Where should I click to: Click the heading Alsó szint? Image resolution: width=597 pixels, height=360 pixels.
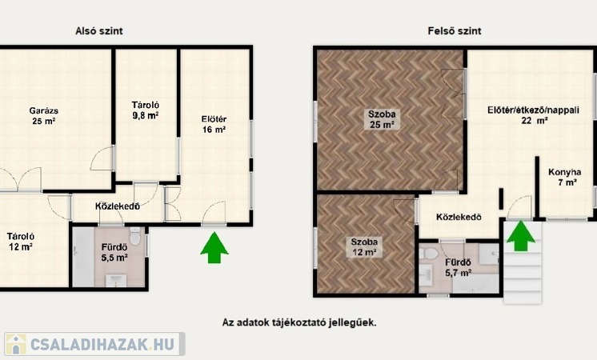(x=99, y=31)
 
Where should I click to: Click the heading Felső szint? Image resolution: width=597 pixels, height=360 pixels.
(x=455, y=31)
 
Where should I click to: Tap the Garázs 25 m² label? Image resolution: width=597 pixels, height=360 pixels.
(x=44, y=116)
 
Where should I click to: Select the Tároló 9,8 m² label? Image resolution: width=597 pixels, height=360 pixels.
(x=146, y=110)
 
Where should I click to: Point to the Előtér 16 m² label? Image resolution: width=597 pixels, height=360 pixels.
(x=214, y=125)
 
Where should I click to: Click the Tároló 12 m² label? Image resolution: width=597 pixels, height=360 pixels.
(x=21, y=242)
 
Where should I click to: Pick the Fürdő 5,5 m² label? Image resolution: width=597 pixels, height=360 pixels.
(x=114, y=253)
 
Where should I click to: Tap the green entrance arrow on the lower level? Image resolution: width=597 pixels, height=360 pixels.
(x=214, y=248)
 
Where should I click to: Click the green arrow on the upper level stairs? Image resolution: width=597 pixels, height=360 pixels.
(x=520, y=236)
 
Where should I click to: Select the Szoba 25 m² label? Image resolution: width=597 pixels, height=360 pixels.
(x=382, y=119)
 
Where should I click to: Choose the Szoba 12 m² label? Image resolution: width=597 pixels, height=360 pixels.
(x=364, y=247)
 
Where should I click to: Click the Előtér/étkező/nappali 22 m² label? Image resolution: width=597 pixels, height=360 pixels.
(x=534, y=115)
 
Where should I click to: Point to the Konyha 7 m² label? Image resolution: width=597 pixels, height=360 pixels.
(x=565, y=178)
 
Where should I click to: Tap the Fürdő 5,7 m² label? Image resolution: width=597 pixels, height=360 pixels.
(x=459, y=267)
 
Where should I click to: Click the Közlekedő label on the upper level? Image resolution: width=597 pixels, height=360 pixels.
(x=459, y=218)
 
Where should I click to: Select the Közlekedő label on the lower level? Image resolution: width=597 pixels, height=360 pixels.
(x=118, y=206)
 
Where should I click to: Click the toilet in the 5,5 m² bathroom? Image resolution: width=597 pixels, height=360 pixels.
(x=135, y=236)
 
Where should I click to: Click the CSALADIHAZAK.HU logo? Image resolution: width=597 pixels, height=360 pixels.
(x=94, y=344)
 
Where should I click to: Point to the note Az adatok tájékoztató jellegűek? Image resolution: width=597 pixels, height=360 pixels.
(x=299, y=322)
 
